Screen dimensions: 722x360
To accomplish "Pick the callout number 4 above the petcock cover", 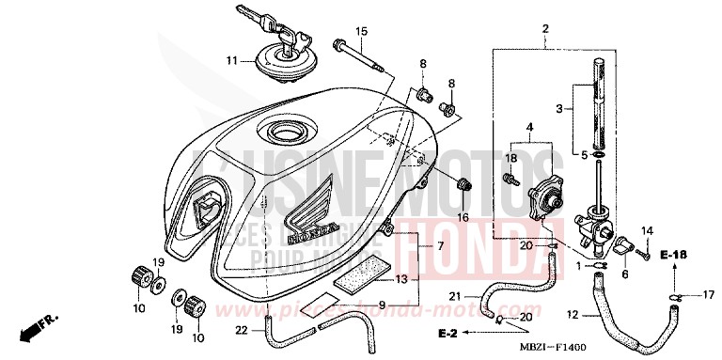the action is click(x=530, y=127).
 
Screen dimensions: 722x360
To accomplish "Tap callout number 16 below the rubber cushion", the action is click(x=462, y=216).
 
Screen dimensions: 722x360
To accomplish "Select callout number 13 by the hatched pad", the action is click(x=401, y=279).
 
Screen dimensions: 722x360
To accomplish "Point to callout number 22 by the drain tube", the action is click(x=242, y=329).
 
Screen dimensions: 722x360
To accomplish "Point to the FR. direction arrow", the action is click(x=33, y=329).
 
